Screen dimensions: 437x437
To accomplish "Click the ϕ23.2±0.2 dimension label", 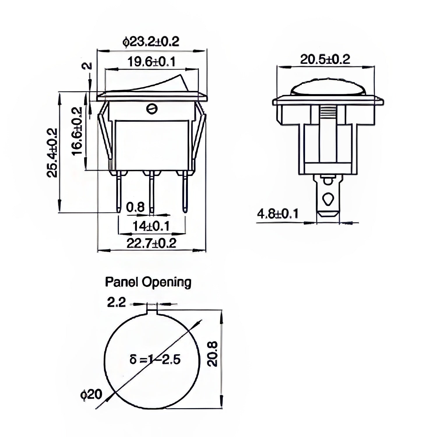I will click(x=151, y=42).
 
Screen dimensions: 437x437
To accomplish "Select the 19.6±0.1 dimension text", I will click(x=151, y=62).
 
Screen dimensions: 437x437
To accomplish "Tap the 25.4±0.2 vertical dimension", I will click(x=52, y=152).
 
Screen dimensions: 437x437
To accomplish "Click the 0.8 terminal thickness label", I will click(x=135, y=207).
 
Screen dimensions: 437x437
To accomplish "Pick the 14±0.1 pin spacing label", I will click(x=151, y=226).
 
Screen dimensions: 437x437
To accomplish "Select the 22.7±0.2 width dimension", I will click(x=151, y=243).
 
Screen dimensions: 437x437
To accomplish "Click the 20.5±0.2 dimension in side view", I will click(x=325, y=59).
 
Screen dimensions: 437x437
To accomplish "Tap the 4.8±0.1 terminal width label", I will click(x=278, y=214).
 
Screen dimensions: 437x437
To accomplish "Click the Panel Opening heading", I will click(x=148, y=282).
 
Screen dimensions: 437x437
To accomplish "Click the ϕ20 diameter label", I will click(x=91, y=395).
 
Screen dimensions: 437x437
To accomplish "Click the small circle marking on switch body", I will click(x=151, y=109).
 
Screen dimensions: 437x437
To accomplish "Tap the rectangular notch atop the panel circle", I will click(x=151, y=310).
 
